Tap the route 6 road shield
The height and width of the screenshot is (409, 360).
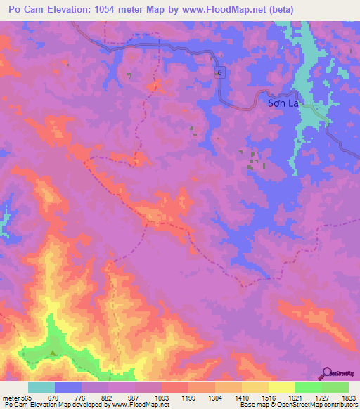coord(219,73)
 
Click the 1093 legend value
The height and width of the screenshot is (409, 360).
coord(161,397)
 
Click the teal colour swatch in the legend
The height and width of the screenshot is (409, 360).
coord(41,387)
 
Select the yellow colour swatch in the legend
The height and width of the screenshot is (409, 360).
coord(281,387)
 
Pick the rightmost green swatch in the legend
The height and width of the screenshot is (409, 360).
coord(335,387)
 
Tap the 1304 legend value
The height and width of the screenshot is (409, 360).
coord(214,397)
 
